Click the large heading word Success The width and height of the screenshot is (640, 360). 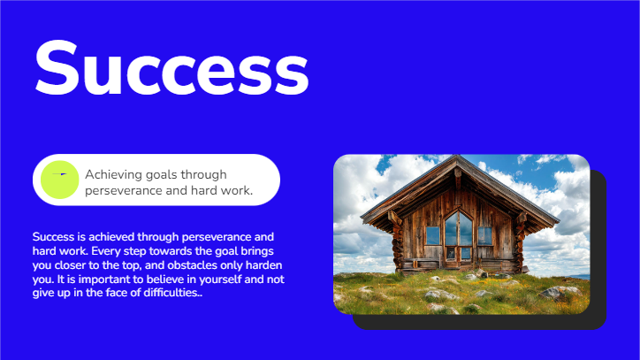pos(171,67)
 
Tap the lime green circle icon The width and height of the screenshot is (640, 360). pos(60,180)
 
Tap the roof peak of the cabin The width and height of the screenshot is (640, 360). pos(457,160)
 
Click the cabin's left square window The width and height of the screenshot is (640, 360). pos(432,235)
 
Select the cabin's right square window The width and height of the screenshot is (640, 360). pos(484,235)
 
